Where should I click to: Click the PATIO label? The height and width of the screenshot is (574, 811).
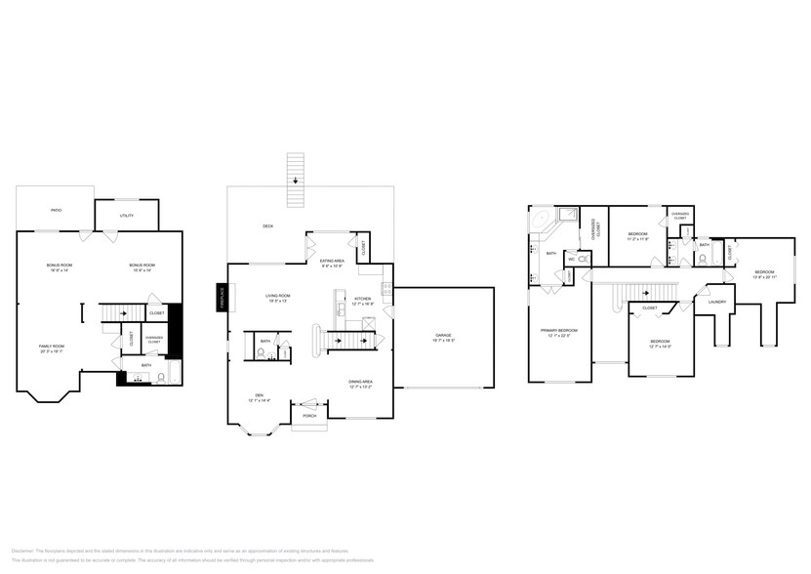(x=57, y=209)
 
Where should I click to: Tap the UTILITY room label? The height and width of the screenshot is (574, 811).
(x=126, y=214)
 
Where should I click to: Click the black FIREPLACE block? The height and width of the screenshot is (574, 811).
(x=222, y=296)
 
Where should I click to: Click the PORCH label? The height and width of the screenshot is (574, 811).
(x=309, y=415)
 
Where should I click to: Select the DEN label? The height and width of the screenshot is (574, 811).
(x=257, y=395)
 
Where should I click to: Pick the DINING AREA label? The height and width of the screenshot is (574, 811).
(x=360, y=382)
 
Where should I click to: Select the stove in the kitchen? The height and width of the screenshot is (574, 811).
(x=387, y=290)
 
